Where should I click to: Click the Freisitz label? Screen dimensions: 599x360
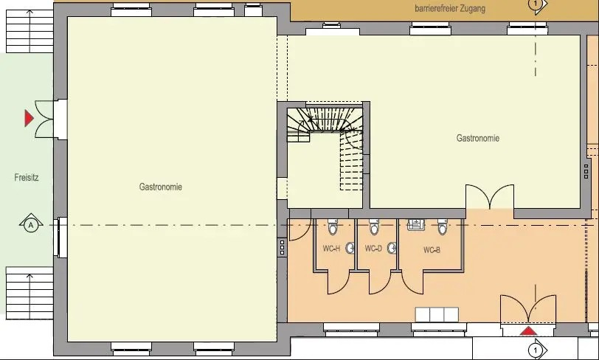click(x=27, y=177)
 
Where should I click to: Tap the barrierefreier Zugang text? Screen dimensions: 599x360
click(x=450, y=8)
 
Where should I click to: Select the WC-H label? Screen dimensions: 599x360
click(x=331, y=249)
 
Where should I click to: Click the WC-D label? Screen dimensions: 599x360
click(x=373, y=249)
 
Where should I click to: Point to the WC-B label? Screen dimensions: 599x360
click(x=432, y=250)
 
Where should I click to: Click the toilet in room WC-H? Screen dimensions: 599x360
click(x=333, y=226)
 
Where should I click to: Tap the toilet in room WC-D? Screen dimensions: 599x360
click(x=374, y=226)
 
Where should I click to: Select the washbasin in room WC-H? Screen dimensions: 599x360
click(x=350, y=249)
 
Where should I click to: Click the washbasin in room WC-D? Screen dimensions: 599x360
click(x=392, y=249)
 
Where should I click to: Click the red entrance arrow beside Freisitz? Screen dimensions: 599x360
click(x=29, y=118)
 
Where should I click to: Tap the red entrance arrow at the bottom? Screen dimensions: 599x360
click(x=528, y=331)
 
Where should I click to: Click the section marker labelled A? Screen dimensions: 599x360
click(x=31, y=225)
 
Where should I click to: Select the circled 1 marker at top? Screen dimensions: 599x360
click(x=538, y=5)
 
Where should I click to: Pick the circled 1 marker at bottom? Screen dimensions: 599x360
click(x=538, y=350)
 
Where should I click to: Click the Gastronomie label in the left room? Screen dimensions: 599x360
click(x=161, y=187)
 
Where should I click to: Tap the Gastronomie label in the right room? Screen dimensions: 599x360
click(x=478, y=138)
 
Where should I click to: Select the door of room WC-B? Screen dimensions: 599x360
click(x=412, y=283)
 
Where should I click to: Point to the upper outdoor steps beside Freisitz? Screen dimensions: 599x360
click(x=30, y=31)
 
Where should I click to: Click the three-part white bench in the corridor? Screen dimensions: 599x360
click(x=437, y=314)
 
